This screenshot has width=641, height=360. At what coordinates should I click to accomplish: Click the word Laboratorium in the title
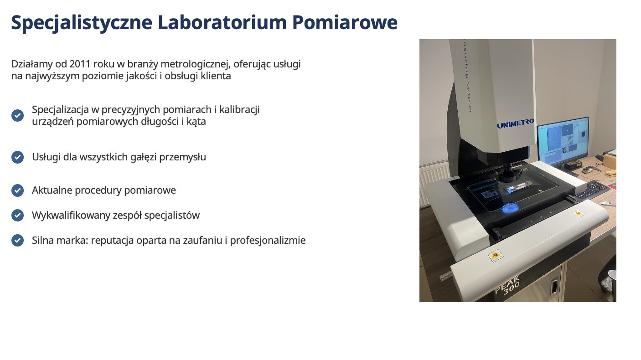click(x=222, y=22)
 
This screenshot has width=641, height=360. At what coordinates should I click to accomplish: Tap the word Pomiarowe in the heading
click(x=345, y=22)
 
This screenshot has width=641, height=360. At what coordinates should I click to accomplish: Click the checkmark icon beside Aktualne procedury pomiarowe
click(x=17, y=190)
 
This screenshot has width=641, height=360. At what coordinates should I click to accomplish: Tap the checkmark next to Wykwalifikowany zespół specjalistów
click(x=17, y=215)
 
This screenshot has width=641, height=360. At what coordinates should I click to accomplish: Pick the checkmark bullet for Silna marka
click(x=17, y=241)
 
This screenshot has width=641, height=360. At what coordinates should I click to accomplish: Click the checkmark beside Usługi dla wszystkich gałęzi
click(x=17, y=157)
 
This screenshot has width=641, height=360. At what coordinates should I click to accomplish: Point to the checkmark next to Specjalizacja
click(x=17, y=116)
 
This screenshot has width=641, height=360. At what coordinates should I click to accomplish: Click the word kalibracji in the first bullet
click(x=239, y=109)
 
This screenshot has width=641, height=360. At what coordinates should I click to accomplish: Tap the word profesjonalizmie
click(x=268, y=241)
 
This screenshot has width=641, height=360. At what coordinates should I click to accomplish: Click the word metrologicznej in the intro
click(x=196, y=64)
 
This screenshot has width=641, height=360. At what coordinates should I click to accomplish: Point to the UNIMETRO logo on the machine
click(x=515, y=123)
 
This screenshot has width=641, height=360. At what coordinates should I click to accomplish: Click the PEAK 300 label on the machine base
click(x=507, y=285)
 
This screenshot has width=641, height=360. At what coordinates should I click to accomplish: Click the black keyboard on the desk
click(x=592, y=190)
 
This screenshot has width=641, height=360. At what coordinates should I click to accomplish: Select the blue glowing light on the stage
click(x=510, y=207)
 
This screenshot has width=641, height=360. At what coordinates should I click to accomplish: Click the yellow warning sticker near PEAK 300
click(x=496, y=255)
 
